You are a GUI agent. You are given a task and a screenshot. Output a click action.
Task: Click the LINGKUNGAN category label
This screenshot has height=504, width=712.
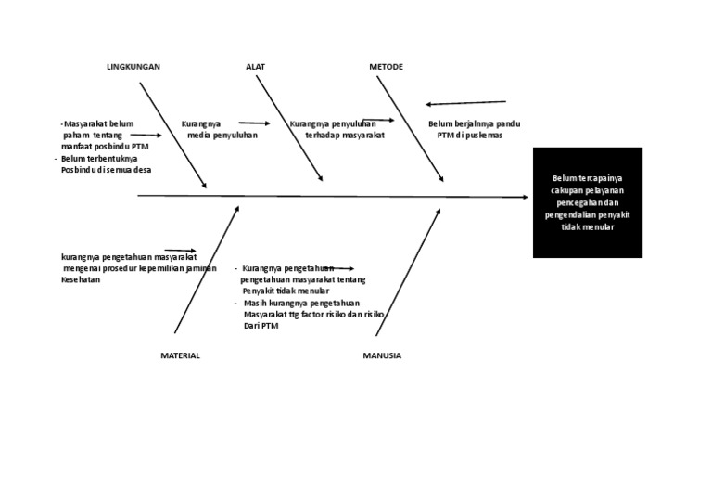click(x=133, y=67)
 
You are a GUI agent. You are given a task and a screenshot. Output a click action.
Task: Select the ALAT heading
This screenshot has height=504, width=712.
click(x=255, y=67)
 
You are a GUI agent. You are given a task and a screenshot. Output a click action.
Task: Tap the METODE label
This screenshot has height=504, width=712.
click(x=386, y=67)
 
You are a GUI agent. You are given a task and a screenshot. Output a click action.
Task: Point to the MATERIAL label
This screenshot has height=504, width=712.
click(x=180, y=355)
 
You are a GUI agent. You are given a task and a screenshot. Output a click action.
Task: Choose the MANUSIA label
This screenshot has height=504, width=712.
click(x=382, y=355)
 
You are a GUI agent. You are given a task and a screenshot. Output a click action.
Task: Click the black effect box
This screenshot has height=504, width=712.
click(x=587, y=201)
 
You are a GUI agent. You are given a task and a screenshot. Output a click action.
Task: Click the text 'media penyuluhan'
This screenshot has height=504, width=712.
click(x=222, y=136)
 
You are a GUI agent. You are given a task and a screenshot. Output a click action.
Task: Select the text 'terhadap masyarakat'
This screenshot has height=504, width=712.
click(x=344, y=136)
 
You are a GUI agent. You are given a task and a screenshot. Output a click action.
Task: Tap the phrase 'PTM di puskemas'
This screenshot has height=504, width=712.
click(x=469, y=136)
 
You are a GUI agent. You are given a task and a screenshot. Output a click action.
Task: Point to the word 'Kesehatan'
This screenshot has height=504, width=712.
click(x=81, y=280)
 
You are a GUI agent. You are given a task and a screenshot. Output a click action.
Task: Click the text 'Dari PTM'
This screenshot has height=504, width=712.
click(x=261, y=326)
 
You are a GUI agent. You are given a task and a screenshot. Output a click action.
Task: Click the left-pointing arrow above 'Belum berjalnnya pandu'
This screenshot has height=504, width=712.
click(x=466, y=103)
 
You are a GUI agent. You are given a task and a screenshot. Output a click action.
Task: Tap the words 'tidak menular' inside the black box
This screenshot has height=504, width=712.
click(x=587, y=227)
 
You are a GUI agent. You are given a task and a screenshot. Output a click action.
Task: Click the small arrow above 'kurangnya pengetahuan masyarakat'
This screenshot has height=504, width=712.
click(x=180, y=251)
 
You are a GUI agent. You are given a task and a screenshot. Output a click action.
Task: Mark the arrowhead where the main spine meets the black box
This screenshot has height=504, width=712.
click(x=524, y=197)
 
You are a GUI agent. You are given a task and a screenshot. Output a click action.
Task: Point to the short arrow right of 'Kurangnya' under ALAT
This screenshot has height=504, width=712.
click(x=254, y=123)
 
